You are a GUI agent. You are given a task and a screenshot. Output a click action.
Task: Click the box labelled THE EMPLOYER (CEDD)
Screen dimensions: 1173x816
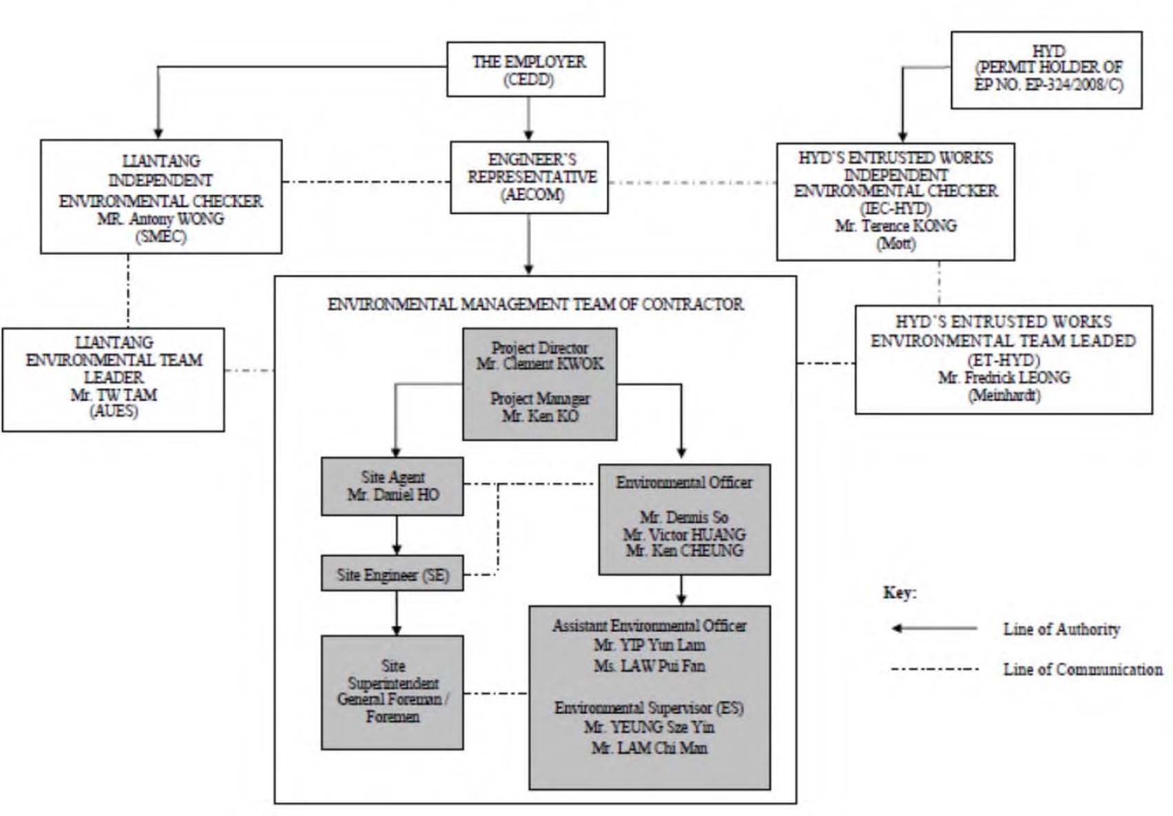(526, 69)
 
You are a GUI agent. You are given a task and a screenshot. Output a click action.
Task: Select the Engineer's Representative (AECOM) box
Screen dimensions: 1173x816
(530, 177)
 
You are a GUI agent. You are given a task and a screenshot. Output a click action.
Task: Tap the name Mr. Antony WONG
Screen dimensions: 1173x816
(160, 218)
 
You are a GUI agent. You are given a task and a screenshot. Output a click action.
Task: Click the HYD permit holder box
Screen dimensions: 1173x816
(1047, 70)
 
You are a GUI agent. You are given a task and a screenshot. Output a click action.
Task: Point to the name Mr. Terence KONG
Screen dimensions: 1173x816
(896, 226)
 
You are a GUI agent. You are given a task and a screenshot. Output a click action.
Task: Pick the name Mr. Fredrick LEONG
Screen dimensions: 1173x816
(1004, 378)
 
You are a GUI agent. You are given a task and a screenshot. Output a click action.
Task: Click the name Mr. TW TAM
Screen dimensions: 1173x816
(114, 394)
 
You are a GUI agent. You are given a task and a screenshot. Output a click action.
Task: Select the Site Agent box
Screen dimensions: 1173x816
(392, 487)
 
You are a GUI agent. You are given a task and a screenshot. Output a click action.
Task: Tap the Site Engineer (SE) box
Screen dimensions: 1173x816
(392, 573)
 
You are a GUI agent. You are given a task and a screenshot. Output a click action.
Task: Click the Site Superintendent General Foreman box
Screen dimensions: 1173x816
(392, 693)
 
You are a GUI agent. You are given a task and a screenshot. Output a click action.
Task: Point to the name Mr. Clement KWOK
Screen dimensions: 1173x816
(540, 364)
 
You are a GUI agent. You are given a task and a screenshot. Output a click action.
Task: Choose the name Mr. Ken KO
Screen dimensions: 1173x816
(540, 416)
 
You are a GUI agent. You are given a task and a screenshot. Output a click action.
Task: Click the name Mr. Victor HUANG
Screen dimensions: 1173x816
(685, 535)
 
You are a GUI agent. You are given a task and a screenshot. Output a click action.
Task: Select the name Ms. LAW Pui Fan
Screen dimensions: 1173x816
(650, 666)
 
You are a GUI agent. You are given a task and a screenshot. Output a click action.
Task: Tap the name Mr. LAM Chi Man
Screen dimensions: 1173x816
(650, 748)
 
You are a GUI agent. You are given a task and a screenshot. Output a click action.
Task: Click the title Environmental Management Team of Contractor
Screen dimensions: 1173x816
(535, 305)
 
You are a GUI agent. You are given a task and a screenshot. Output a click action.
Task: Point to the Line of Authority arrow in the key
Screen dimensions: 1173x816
(935, 628)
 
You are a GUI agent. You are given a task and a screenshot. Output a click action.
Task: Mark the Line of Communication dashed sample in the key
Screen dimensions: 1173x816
(935, 669)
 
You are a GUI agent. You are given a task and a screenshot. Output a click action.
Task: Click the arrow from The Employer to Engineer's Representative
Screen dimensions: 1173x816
(528, 119)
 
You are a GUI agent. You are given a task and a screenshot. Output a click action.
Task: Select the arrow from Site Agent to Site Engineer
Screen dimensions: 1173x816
(397, 535)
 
